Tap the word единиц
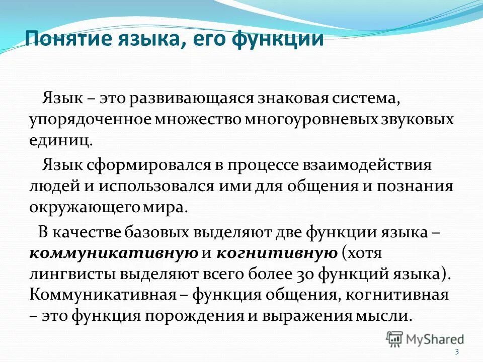pos(60,141)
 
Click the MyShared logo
pos(425,338)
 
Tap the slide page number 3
pos(457,351)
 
